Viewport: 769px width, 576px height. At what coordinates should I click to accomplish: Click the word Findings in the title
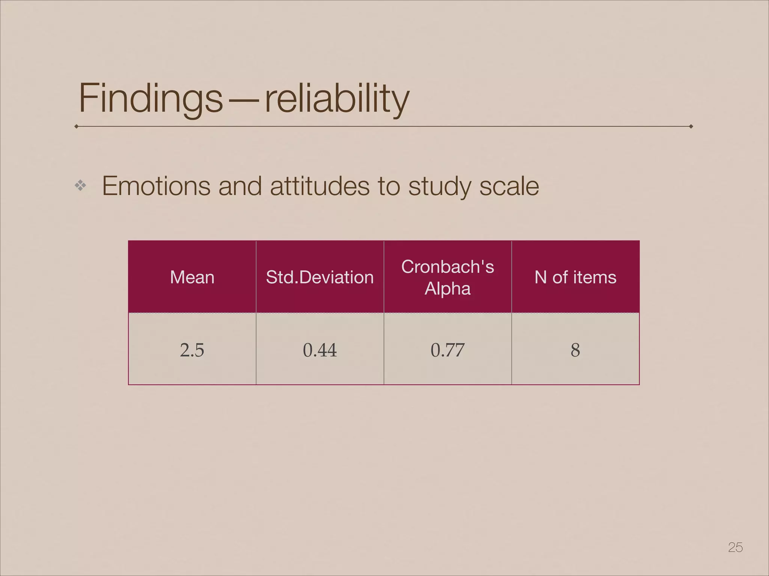(151, 98)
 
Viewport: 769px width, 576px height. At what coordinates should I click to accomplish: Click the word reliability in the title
(337, 98)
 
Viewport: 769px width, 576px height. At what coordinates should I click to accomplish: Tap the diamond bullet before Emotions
(80, 185)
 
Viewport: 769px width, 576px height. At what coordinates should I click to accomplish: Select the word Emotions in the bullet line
(156, 186)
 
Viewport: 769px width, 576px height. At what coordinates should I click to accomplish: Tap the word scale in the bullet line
(509, 186)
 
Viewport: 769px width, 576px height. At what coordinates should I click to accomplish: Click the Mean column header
(192, 277)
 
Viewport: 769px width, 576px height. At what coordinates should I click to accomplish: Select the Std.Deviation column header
(320, 277)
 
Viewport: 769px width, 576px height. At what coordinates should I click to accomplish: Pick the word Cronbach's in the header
(448, 267)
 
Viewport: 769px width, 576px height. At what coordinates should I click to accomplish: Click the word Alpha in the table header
(448, 289)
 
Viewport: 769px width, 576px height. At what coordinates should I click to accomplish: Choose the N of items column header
(575, 277)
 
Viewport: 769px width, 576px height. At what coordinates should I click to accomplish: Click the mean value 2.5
(192, 350)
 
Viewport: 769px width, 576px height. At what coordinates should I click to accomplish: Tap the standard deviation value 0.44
(320, 350)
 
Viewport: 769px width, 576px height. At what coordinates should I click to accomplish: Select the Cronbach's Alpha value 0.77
(448, 350)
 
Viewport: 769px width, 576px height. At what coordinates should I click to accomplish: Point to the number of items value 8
(575, 350)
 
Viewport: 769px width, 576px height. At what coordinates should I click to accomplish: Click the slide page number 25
(735, 547)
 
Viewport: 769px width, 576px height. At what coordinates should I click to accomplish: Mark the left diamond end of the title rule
(77, 126)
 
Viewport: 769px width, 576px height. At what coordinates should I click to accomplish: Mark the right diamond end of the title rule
(691, 126)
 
